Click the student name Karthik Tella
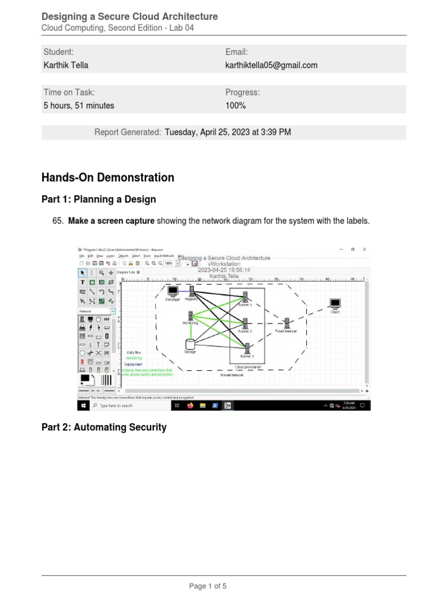(66, 65)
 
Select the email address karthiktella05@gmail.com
(271, 65)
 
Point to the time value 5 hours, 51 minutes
(79, 106)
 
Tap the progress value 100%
(236, 106)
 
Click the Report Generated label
(128, 132)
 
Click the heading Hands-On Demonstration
(107, 177)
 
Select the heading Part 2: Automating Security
(104, 427)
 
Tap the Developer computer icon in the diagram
(172, 290)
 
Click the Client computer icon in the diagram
(335, 304)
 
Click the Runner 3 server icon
(246, 348)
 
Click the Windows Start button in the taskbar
(83, 405)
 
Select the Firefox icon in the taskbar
(190, 405)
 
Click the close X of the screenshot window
(365, 249)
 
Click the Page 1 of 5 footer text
(223, 586)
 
